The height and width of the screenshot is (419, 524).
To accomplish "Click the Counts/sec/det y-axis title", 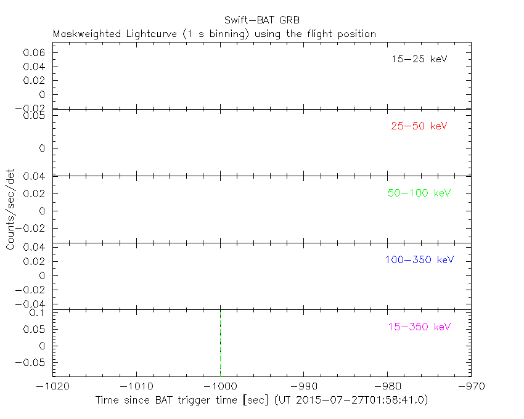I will click(10, 209).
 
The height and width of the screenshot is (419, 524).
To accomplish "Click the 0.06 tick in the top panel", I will click(34, 53).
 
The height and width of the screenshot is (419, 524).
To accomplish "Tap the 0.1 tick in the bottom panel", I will click(38, 312).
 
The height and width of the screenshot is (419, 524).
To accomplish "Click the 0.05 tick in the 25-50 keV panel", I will click(34, 115).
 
